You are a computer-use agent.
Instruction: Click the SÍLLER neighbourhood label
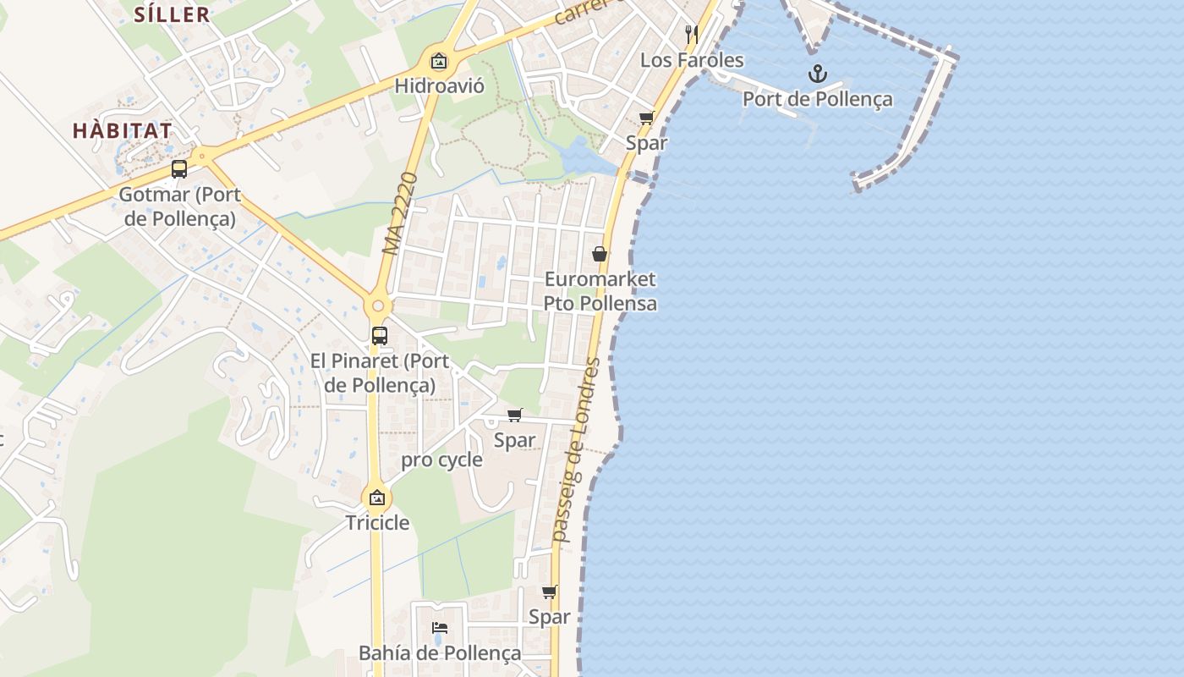(x=172, y=14)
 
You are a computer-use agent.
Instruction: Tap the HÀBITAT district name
(x=123, y=130)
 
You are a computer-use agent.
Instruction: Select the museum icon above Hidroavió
(x=438, y=61)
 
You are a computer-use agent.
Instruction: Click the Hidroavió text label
(x=439, y=85)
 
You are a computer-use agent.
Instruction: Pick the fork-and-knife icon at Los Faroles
(x=692, y=34)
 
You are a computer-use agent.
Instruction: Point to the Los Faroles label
(x=692, y=60)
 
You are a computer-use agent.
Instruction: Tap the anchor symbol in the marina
(x=817, y=74)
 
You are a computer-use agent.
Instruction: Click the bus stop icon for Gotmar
(x=179, y=169)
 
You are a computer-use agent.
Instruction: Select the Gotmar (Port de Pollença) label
(x=179, y=206)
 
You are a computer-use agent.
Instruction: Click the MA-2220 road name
(x=400, y=213)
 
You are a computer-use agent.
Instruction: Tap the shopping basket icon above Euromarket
(x=600, y=254)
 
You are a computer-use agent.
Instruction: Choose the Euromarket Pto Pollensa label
(x=600, y=291)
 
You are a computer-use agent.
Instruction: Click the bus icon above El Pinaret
(x=380, y=335)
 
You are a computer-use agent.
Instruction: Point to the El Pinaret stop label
(x=380, y=372)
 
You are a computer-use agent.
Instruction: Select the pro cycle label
(x=441, y=460)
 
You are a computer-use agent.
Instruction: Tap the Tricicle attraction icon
(x=377, y=498)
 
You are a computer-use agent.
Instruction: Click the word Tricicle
(x=377, y=522)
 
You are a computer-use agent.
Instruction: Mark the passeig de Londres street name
(x=575, y=450)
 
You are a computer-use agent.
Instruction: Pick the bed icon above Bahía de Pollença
(x=440, y=628)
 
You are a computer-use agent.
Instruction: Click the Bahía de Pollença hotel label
(x=440, y=652)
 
